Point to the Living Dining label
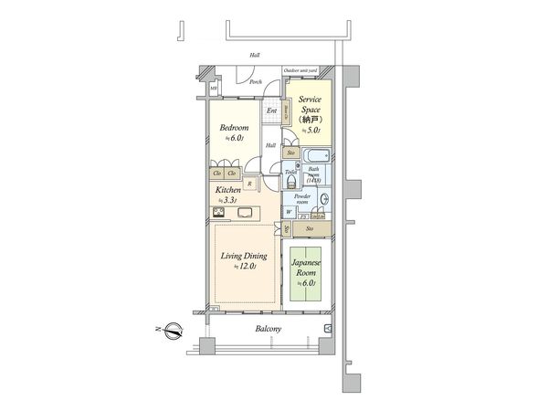(242, 257)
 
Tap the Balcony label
(266, 328)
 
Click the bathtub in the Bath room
(316, 153)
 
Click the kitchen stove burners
(220, 213)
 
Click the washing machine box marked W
(289, 212)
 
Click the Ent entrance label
(271, 112)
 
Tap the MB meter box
(214, 89)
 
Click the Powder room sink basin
(325, 201)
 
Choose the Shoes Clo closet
(286, 115)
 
